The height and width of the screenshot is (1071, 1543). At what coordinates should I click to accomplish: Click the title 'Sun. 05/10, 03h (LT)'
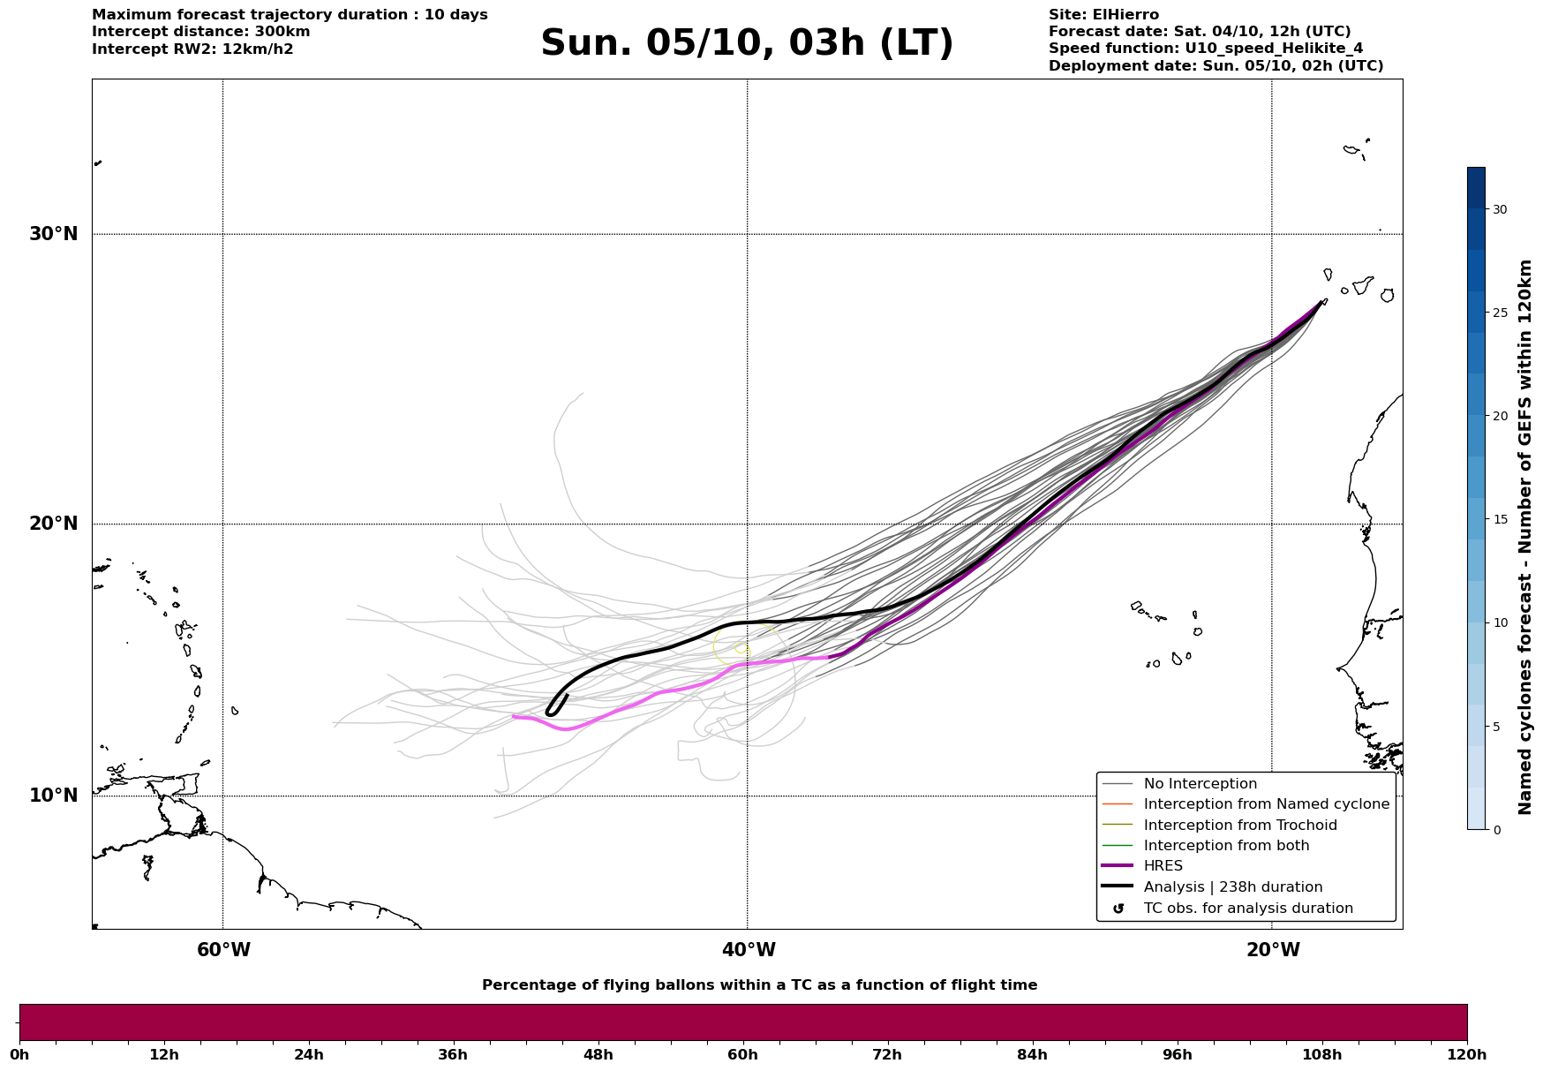click(747, 43)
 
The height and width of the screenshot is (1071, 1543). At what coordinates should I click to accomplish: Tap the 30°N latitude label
click(54, 234)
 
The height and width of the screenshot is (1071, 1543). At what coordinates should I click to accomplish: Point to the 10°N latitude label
click(54, 796)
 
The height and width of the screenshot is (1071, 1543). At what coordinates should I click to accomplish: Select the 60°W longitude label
click(223, 950)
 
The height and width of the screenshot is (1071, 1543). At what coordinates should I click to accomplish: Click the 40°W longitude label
click(749, 950)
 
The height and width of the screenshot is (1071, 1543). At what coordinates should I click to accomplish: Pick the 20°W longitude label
click(1273, 950)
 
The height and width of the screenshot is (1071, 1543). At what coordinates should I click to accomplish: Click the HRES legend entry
click(1163, 866)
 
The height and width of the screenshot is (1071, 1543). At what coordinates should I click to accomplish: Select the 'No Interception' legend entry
click(1200, 784)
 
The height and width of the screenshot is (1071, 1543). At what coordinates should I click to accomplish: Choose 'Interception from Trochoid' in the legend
click(1239, 826)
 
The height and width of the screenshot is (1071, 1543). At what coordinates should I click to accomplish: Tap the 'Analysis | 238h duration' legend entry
click(1232, 887)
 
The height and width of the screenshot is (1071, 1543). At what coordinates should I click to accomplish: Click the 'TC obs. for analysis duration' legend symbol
click(1118, 909)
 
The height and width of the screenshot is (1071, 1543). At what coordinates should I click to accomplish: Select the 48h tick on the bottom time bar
click(598, 1054)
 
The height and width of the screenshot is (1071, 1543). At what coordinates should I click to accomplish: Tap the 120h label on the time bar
click(1466, 1054)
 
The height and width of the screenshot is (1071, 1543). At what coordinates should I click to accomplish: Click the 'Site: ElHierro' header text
click(1103, 15)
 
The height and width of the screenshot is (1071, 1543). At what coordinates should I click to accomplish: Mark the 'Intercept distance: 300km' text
click(200, 32)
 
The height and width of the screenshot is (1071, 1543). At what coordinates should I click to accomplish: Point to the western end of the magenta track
click(514, 717)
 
